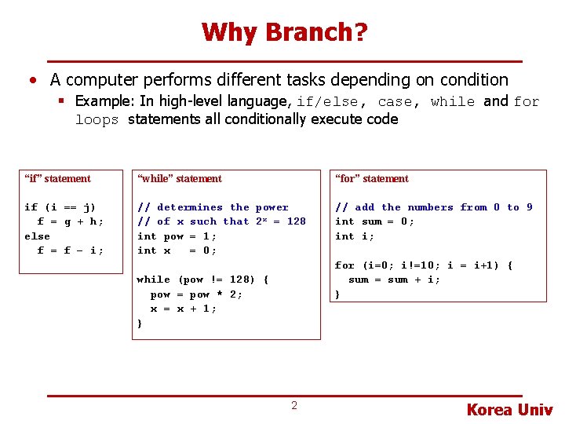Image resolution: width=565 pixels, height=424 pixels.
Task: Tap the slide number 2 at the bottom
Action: [x=294, y=405]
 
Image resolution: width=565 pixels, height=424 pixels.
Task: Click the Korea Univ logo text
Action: [x=509, y=409]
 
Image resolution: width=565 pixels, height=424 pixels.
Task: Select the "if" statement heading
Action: [x=57, y=179]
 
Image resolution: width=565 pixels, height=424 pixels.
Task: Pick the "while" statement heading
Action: [x=179, y=179]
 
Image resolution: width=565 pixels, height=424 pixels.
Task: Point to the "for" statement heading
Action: [x=371, y=179]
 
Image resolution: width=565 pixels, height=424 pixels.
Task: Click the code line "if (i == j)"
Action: [x=60, y=207]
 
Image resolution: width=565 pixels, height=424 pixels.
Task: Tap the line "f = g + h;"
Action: [x=70, y=221]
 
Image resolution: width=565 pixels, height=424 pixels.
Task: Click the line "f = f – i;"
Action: [x=70, y=250]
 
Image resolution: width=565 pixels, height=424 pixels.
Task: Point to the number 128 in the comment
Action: [x=296, y=221]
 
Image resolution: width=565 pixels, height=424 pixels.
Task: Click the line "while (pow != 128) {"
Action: [x=202, y=280]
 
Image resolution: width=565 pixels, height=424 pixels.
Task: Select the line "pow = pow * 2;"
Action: [x=196, y=294]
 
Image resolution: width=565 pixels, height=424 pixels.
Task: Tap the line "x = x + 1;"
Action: [x=184, y=309]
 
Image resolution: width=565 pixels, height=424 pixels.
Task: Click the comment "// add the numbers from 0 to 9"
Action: [x=433, y=207]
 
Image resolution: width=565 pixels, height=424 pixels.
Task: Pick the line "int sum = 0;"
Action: [x=374, y=221]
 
